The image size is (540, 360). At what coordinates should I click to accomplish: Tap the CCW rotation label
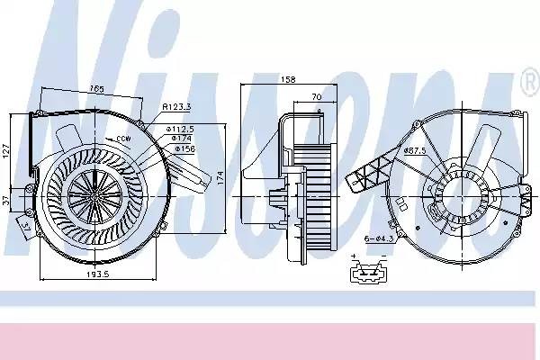pos(123,139)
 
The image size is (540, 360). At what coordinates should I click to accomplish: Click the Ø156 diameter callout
pos(185,148)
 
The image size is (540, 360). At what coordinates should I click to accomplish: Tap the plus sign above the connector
pos(354,255)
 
